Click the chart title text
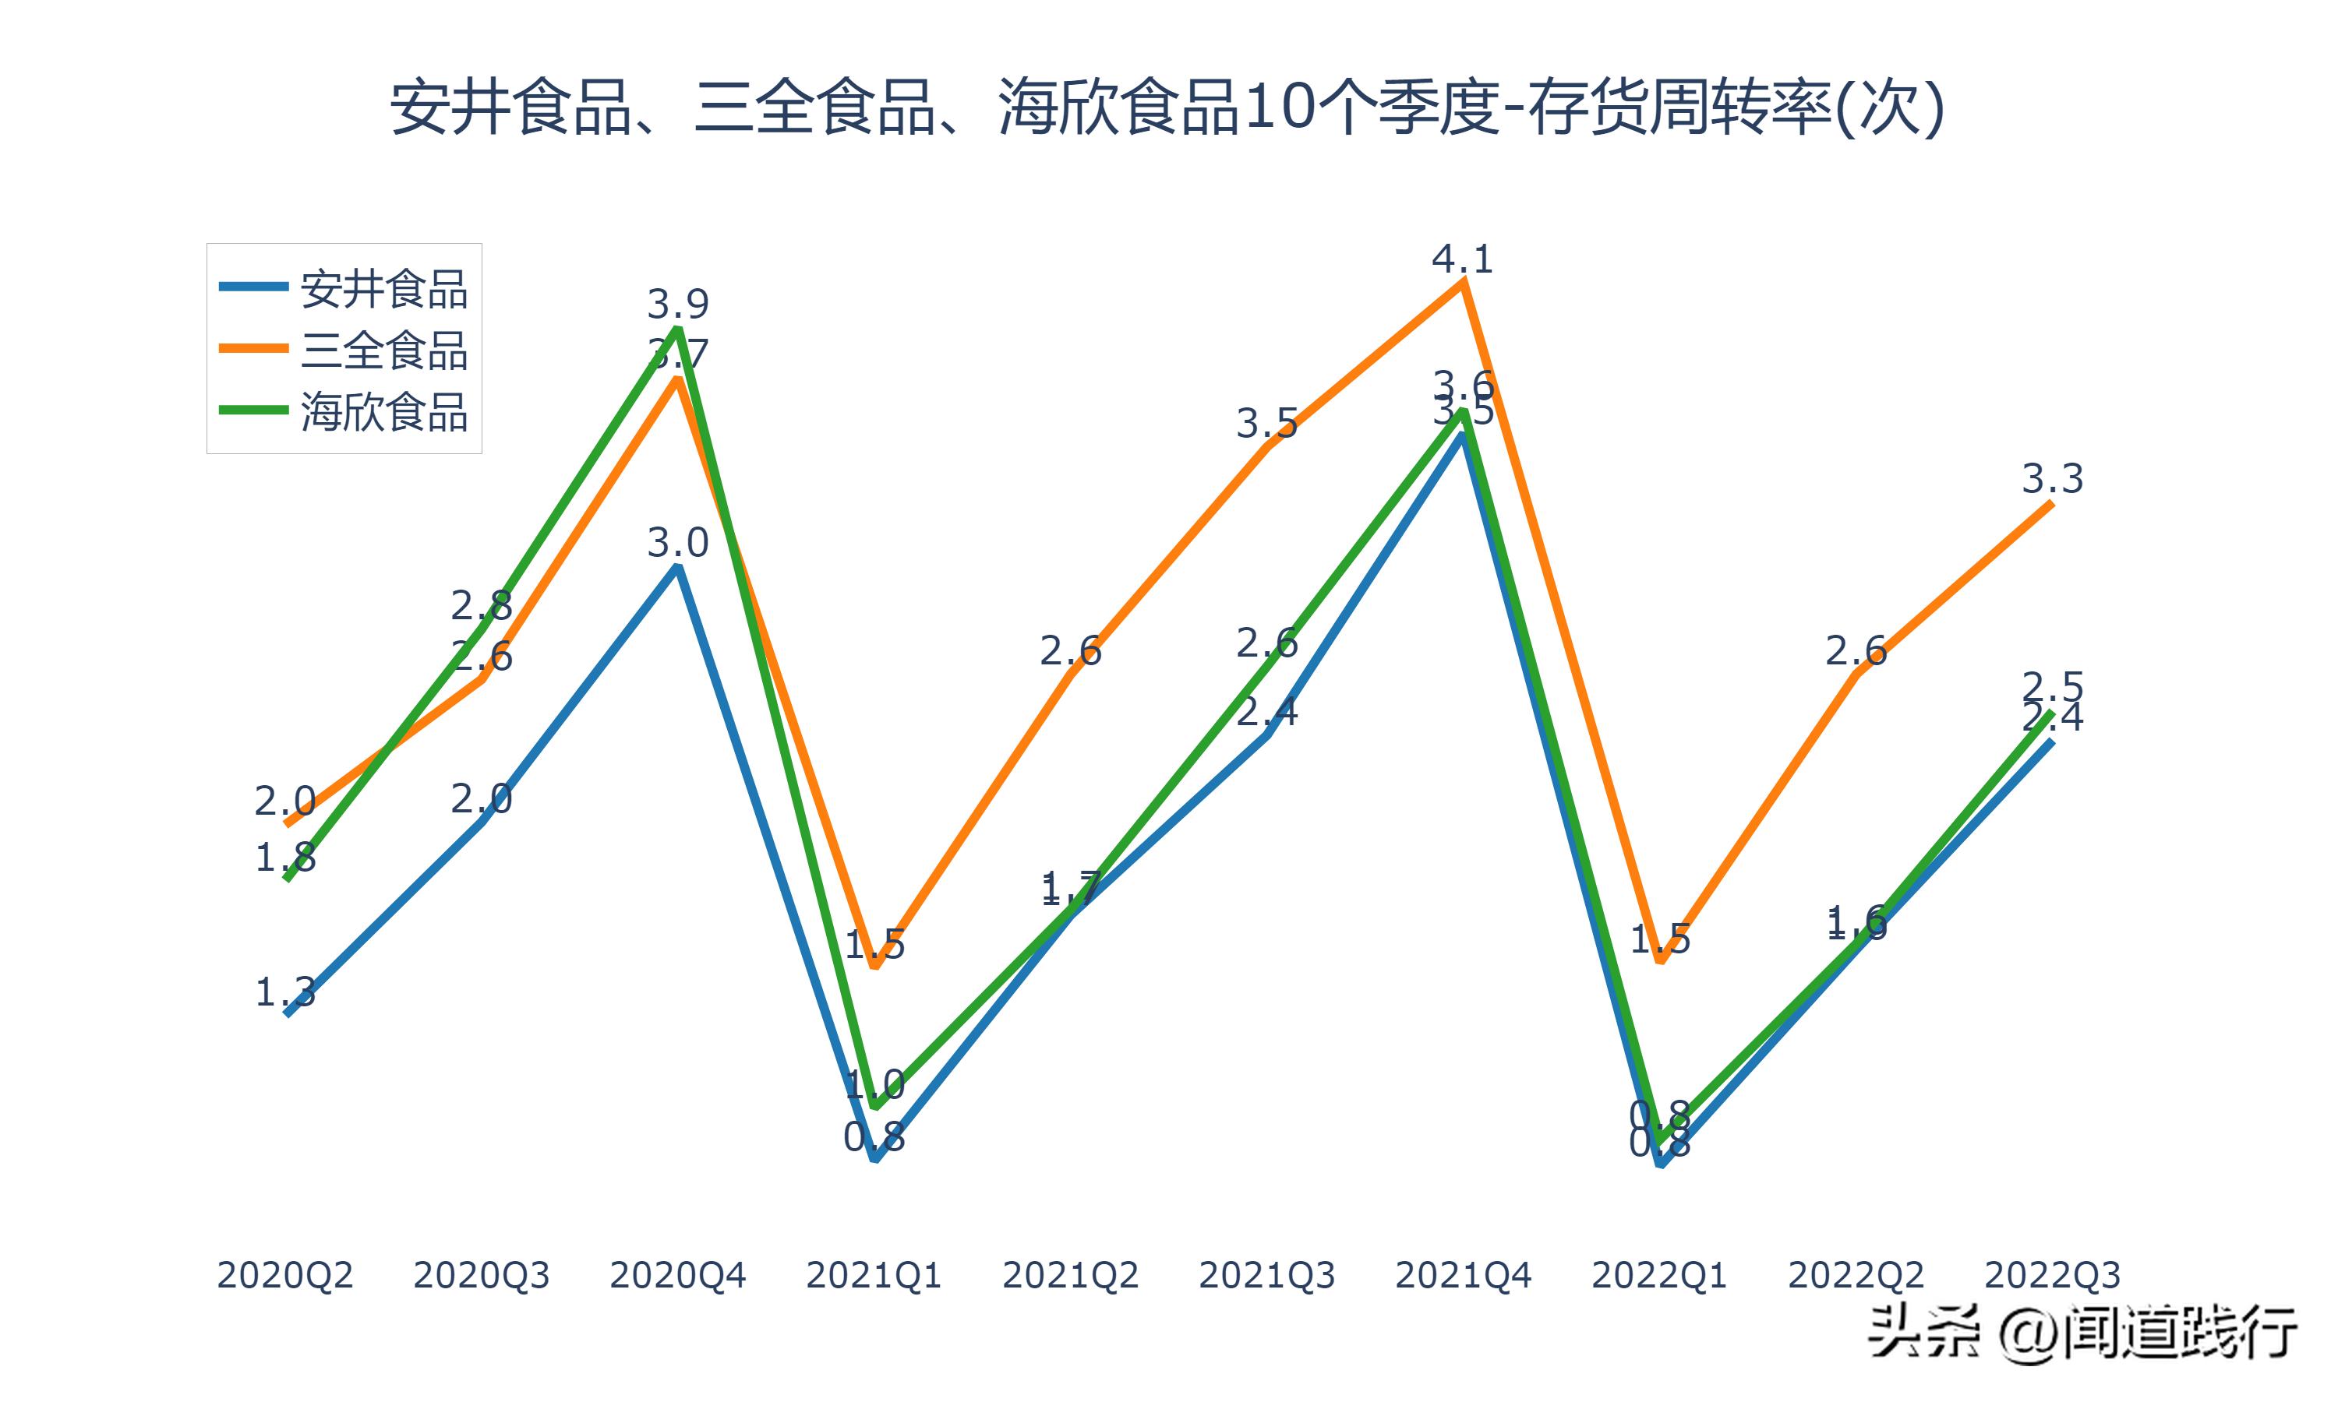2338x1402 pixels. click(x=1167, y=107)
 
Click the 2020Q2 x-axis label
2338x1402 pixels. click(x=284, y=1275)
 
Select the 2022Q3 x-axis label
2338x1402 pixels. click(x=2052, y=1275)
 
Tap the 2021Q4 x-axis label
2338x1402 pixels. click(x=1463, y=1275)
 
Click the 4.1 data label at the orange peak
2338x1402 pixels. click(x=1462, y=259)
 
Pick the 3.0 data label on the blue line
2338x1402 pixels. click(x=677, y=543)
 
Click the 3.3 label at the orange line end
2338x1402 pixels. click(x=2052, y=479)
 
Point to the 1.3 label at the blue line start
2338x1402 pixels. click(x=284, y=992)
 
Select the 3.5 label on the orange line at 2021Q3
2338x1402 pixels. click(x=1266, y=423)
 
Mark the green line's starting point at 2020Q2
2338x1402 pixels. click(x=286, y=879)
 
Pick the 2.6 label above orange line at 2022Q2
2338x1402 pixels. click(x=1855, y=651)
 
